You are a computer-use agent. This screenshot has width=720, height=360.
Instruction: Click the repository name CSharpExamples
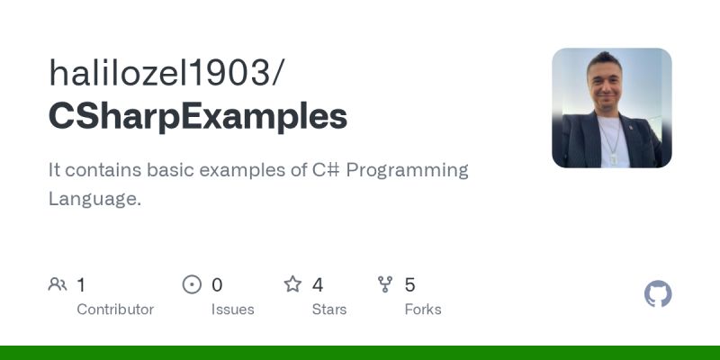click(x=198, y=117)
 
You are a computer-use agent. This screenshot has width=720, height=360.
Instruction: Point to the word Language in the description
click(x=92, y=199)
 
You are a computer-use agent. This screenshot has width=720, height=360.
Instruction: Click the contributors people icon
click(x=58, y=285)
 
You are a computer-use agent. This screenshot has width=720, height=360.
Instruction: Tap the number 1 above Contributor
click(x=81, y=285)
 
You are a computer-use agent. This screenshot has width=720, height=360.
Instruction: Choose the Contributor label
click(x=115, y=310)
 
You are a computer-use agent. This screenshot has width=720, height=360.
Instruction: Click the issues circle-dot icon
click(x=192, y=285)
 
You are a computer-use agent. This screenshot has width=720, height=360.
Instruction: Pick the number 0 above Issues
click(x=217, y=285)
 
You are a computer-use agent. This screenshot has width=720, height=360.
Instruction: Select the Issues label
click(x=233, y=310)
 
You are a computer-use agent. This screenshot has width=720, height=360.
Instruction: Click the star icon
click(x=292, y=285)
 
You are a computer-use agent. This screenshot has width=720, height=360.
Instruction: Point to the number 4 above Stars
click(x=318, y=285)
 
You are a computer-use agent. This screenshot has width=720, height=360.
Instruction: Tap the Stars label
click(x=329, y=310)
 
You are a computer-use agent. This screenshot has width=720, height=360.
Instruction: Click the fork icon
click(x=386, y=285)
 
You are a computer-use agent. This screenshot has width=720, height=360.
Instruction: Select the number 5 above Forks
click(x=409, y=285)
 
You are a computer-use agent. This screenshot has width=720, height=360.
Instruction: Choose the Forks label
click(x=423, y=310)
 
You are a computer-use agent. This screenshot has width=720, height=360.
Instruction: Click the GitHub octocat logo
click(x=658, y=294)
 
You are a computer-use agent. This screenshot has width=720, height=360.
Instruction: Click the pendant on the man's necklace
click(x=614, y=156)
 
